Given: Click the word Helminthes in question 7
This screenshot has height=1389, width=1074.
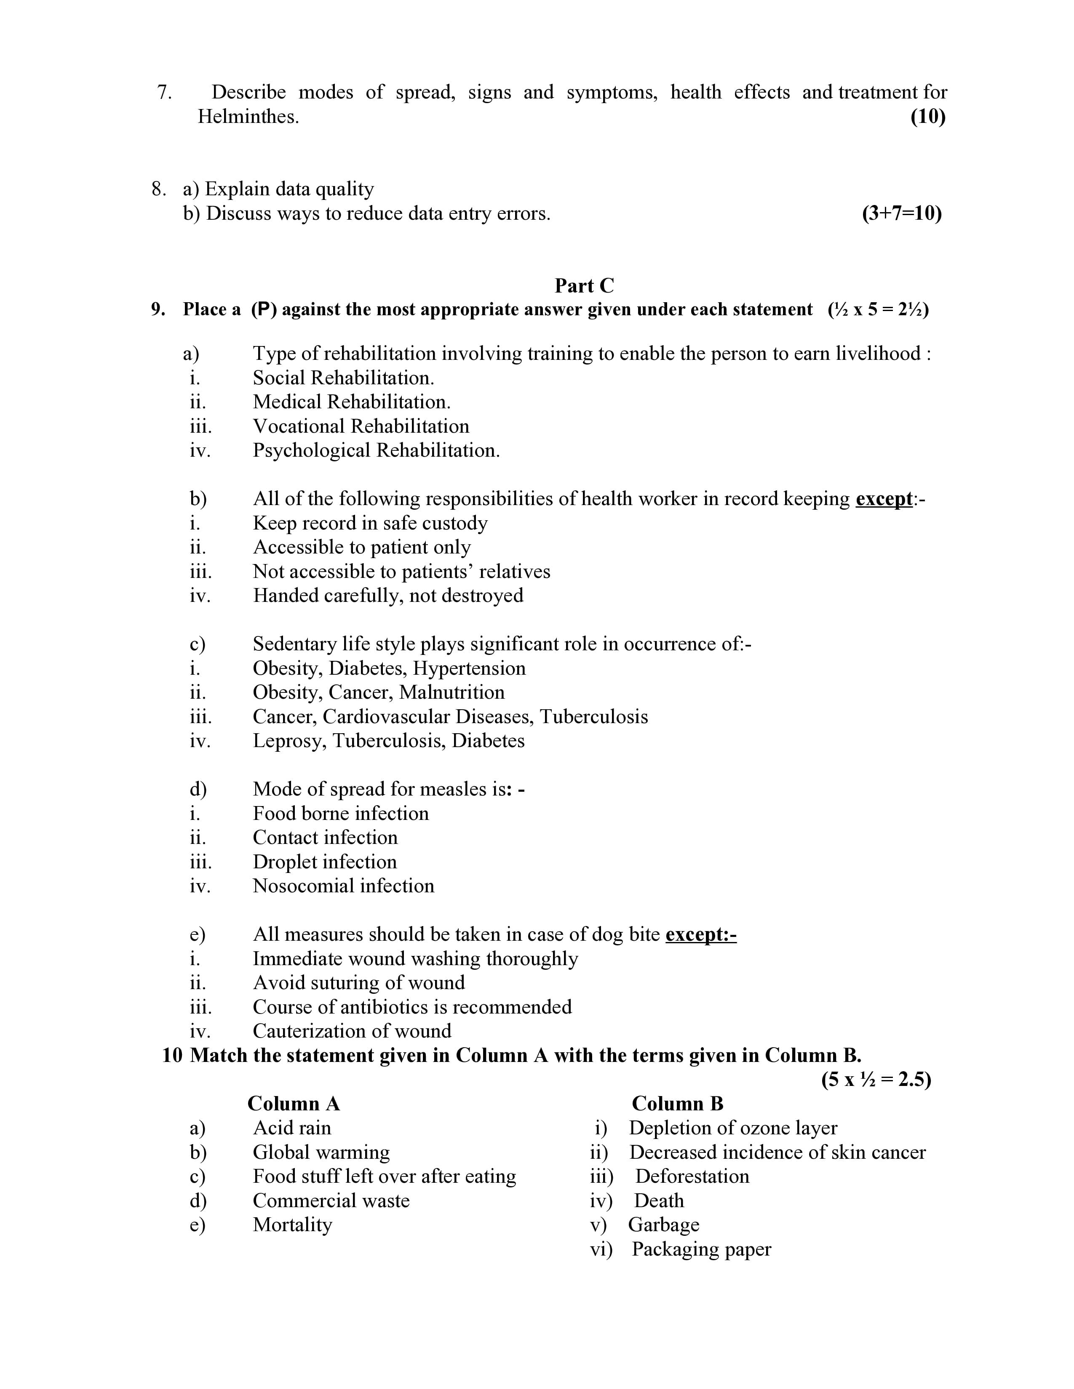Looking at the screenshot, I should pos(248,117).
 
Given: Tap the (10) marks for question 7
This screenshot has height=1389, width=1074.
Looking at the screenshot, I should pos(928,117).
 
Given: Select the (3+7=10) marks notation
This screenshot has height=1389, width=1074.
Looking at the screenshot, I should pos(902,214).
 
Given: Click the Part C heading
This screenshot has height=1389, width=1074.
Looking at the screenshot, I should pos(584,285).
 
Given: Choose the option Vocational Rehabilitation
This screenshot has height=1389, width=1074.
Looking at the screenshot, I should pos(361,426).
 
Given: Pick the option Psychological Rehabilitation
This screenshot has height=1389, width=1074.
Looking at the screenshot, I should pos(376,450).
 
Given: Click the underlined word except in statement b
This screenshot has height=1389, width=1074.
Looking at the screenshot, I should pos(884,499).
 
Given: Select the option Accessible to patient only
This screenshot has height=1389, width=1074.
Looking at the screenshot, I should pos(361,547).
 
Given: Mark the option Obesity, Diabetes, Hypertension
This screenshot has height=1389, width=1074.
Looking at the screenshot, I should pos(389,668).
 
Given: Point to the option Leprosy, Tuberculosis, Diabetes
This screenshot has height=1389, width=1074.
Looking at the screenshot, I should pos(388,741).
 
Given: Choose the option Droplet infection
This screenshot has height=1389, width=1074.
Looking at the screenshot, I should pos(324,862).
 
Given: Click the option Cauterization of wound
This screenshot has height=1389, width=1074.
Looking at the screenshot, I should pos(352,1031).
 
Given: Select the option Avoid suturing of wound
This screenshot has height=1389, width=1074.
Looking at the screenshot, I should pos(359,982).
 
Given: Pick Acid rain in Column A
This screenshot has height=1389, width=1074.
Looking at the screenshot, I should pos(292,1128).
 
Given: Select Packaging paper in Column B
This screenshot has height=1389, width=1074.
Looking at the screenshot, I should pos(701,1249).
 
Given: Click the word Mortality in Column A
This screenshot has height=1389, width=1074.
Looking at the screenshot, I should pos(292,1225).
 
